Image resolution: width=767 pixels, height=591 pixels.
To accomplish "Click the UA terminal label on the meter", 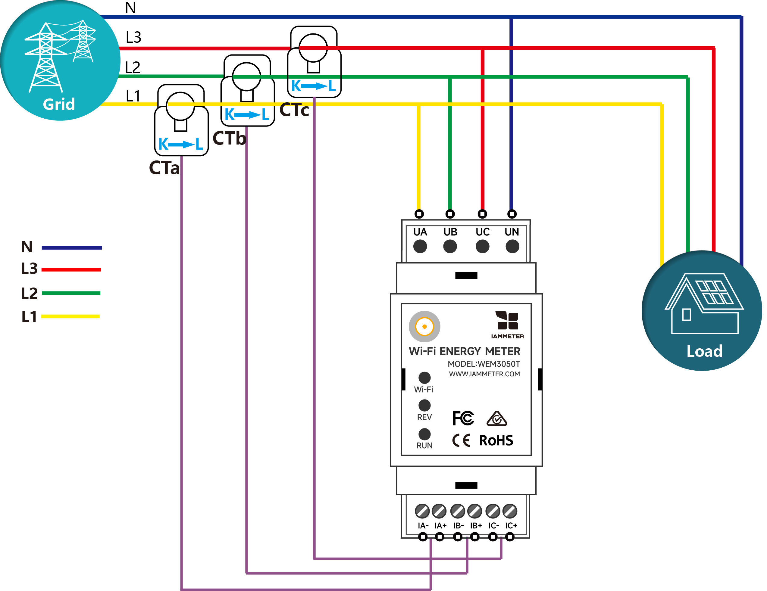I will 420,232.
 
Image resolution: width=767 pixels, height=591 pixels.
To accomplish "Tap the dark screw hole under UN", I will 512,246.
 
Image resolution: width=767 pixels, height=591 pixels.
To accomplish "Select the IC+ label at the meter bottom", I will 511,525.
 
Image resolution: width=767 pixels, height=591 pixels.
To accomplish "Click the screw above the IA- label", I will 422,511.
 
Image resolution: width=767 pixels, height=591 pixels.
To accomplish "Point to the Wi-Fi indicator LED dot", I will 424,378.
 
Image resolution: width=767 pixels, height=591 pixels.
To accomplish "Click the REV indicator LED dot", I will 424,405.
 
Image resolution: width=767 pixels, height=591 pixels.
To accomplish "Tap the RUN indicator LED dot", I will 424,434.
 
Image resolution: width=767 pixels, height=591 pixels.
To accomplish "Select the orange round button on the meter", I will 424,326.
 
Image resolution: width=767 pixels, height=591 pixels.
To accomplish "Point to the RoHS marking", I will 496,440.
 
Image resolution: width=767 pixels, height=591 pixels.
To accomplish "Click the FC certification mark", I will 463,418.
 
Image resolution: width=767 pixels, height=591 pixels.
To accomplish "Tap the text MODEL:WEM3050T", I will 484,364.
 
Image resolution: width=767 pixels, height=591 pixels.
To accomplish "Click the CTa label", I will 164,168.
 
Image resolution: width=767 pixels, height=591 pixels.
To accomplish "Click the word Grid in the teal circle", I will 59,104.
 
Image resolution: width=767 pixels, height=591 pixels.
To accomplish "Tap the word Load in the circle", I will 704,351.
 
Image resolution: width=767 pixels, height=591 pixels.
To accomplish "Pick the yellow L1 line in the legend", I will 70,316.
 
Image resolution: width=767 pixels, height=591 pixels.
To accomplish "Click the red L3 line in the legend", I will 71,269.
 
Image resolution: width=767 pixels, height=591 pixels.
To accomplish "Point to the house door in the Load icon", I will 686,314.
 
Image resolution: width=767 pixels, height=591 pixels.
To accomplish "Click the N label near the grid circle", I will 130,8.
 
